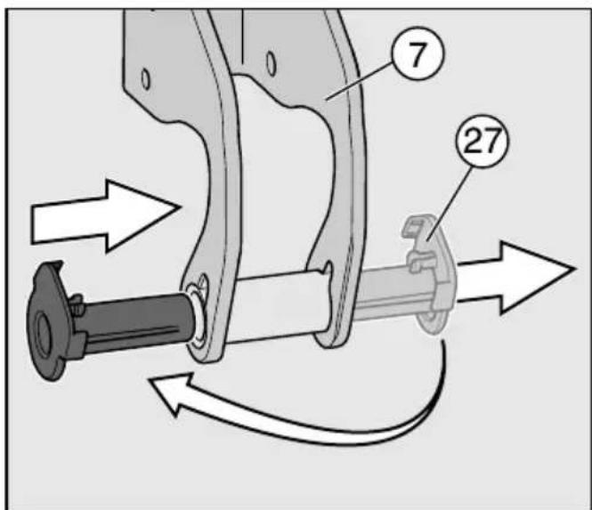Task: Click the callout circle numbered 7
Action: [x=418, y=53]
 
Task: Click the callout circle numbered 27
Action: [x=483, y=141]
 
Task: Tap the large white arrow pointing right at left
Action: [x=106, y=216]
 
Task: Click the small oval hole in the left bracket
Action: [x=145, y=79]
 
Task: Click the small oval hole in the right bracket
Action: [x=272, y=64]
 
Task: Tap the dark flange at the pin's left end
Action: [x=47, y=321]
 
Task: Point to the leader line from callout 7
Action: [x=359, y=81]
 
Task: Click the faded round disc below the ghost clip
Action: [x=430, y=320]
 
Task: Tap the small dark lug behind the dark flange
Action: [x=77, y=304]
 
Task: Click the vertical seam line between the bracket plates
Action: [x=241, y=36]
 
